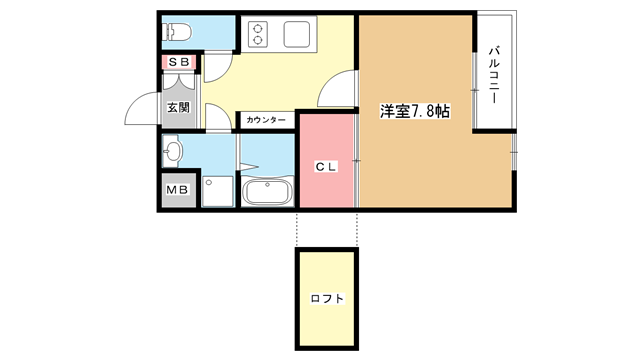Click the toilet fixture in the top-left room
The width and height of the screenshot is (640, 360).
pos(177,31)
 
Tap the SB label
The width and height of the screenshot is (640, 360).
pos(179,62)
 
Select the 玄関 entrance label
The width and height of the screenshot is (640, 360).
pos(179,107)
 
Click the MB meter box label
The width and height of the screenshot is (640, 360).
pos(178,190)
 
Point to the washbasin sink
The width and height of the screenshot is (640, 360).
pos(172,151)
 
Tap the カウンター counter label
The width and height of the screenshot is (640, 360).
pos(266,120)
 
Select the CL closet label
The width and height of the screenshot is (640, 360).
pos(326,167)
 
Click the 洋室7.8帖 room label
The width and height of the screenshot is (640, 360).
pos(415,111)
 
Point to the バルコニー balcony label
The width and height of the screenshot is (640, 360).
pos(494,75)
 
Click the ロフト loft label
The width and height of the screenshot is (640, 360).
pos(327,298)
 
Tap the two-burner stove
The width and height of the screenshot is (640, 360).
pos(258,34)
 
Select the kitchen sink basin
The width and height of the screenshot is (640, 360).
pos(297,34)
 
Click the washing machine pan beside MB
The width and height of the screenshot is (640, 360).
pos(218,191)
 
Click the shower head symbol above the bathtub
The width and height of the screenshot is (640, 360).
pos(249,166)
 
